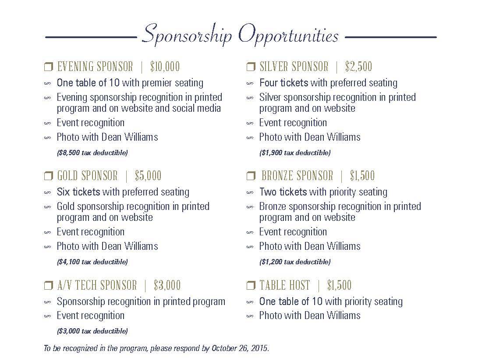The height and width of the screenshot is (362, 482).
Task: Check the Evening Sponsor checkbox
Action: point(48,67)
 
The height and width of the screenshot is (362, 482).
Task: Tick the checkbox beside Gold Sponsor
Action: point(48,176)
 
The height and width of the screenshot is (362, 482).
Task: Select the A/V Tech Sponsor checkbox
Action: point(48,286)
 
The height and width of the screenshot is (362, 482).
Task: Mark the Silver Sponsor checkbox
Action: point(251,67)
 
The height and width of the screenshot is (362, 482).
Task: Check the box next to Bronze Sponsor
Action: point(251,176)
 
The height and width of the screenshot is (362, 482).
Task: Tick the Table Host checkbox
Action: point(251,286)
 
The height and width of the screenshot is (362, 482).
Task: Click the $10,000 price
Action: point(165,67)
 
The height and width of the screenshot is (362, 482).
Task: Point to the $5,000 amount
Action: point(148,176)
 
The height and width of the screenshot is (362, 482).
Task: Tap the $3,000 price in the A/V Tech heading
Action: point(167,285)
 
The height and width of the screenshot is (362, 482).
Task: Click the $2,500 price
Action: point(358,67)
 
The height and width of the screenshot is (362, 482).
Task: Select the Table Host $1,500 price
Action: point(339,285)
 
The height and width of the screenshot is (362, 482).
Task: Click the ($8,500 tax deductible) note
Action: point(92,153)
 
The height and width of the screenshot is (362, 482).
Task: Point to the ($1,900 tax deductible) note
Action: point(294,153)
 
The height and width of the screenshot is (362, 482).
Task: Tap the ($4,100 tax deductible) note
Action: point(92,262)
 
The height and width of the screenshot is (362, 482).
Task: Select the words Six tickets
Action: point(78,192)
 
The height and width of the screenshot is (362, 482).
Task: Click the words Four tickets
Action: point(284,83)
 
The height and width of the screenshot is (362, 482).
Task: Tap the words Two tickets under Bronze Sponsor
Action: point(283,192)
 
